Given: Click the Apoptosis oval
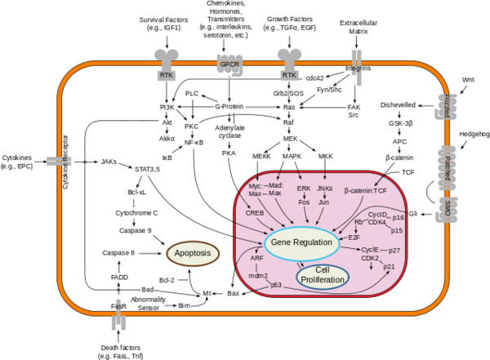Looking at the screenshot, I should [x=194, y=254].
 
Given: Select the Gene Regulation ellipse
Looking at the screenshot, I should [x=302, y=243].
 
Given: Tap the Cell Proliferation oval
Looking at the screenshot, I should [x=323, y=277].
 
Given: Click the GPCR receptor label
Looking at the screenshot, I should [x=229, y=63].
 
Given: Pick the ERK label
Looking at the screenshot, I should [x=304, y=189].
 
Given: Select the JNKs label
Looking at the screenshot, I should [x=324, y=189].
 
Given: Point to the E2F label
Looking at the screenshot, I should [x=354, y=237].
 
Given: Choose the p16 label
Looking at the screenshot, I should [x=398, y=218].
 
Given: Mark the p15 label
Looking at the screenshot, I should [x=397, y=230].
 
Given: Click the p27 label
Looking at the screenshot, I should [x=394, y=250].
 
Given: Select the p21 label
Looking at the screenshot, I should [x=389, y=266].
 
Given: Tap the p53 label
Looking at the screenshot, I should [x=276, y=285].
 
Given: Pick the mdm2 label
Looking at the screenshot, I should [x=258, y=276].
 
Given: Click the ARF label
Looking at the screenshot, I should [x=256, y=258].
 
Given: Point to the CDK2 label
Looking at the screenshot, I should [x=370, y=258].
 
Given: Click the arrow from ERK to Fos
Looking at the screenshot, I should [x=304, y=195].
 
